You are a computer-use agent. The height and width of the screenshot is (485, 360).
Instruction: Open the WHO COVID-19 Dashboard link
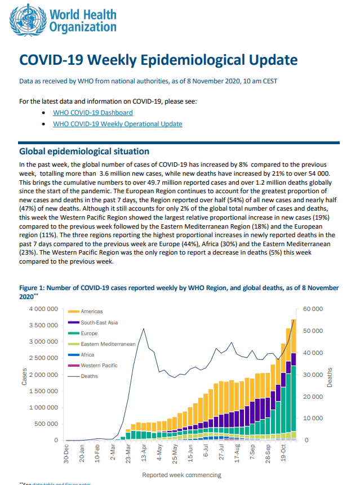tap(93, 113)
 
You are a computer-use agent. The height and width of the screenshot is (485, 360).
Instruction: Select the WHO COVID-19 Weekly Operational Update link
tap(118, 124)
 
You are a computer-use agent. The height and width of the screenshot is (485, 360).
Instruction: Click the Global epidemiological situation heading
tap(84, 152)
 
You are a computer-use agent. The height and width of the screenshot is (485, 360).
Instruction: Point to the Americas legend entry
tap(86, 312)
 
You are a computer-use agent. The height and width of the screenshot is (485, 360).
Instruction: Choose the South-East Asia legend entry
tap(93, 323)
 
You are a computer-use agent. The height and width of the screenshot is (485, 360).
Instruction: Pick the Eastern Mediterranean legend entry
tap(102, 344)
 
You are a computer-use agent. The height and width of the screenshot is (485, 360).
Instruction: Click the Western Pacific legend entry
tap(93, 365)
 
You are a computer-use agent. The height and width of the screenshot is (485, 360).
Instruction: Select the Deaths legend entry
tap(83, 376)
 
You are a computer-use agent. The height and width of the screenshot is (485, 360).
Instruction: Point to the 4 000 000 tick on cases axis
tap(43, 309)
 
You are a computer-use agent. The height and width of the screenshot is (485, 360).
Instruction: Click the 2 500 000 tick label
tap(43, 358)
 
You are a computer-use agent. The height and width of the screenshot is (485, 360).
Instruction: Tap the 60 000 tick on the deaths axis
tap(313, 309)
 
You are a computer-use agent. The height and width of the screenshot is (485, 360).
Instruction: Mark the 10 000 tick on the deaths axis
tap(313, 418)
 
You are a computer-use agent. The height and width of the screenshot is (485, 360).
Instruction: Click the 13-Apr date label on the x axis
tap(144, 453)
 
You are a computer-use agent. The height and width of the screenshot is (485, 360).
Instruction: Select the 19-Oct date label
tap(283, 453)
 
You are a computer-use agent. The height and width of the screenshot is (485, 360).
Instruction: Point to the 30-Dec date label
tap(66, 454)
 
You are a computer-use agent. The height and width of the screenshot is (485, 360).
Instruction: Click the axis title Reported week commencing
tap(181, 475)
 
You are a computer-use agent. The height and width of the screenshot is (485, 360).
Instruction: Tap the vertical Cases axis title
tap(24, 376)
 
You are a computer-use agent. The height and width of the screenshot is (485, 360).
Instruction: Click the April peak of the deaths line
tap(144, 328)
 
